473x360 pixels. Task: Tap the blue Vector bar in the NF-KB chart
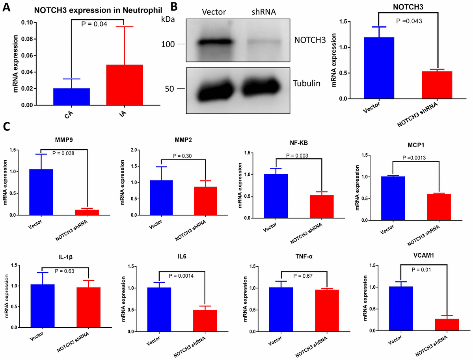pos(287,196)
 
